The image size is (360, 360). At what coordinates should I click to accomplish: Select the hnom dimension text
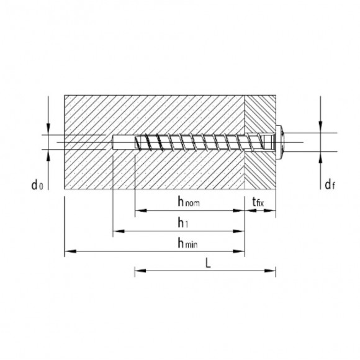188,202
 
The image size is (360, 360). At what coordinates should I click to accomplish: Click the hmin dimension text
187,243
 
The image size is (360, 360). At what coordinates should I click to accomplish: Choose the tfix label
256,202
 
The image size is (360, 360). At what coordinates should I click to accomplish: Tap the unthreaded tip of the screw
121,142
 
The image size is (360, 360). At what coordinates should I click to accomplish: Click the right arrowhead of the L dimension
271,271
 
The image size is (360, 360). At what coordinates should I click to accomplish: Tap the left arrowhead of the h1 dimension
117,232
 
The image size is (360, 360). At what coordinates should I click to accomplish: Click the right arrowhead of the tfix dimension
271,211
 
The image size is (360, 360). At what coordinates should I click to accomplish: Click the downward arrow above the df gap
320,127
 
